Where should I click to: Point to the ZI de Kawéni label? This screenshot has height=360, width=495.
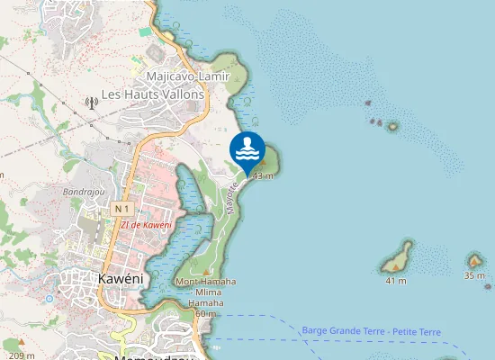pos(147,225)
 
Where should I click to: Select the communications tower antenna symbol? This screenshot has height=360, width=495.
pos(90,103)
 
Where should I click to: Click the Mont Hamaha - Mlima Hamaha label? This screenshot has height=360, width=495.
pos(205,292)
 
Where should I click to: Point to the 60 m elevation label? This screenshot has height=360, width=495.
pos(205,314)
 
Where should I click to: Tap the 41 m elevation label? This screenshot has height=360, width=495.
pos(395,281)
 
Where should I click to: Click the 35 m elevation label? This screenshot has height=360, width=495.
pos(474,275)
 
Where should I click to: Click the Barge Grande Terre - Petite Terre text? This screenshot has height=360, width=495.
pos(372,332)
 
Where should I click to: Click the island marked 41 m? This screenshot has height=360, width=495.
pos(397,259)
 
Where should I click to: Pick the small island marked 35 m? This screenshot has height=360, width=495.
pos(474,261)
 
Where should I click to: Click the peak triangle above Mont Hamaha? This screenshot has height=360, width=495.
pos(205,271)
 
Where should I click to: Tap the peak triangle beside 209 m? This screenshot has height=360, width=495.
pos(15,343)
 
